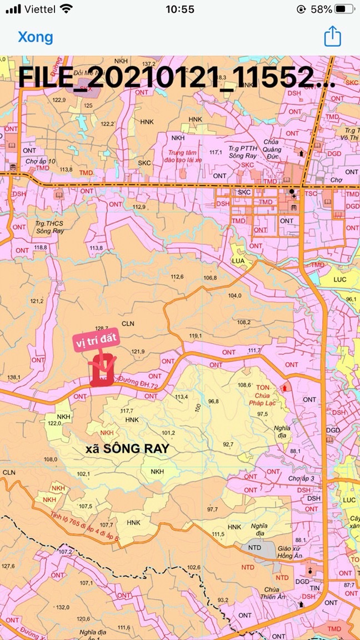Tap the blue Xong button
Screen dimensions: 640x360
(x=36, y=37)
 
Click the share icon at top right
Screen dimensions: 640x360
(x=332, y=37)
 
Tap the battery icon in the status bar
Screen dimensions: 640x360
(x=344, y=9)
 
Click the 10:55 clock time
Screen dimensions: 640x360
(x=179, y=9)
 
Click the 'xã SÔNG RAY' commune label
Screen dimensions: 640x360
(x=127, y=449)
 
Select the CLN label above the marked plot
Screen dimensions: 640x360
(x=128, y=323)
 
